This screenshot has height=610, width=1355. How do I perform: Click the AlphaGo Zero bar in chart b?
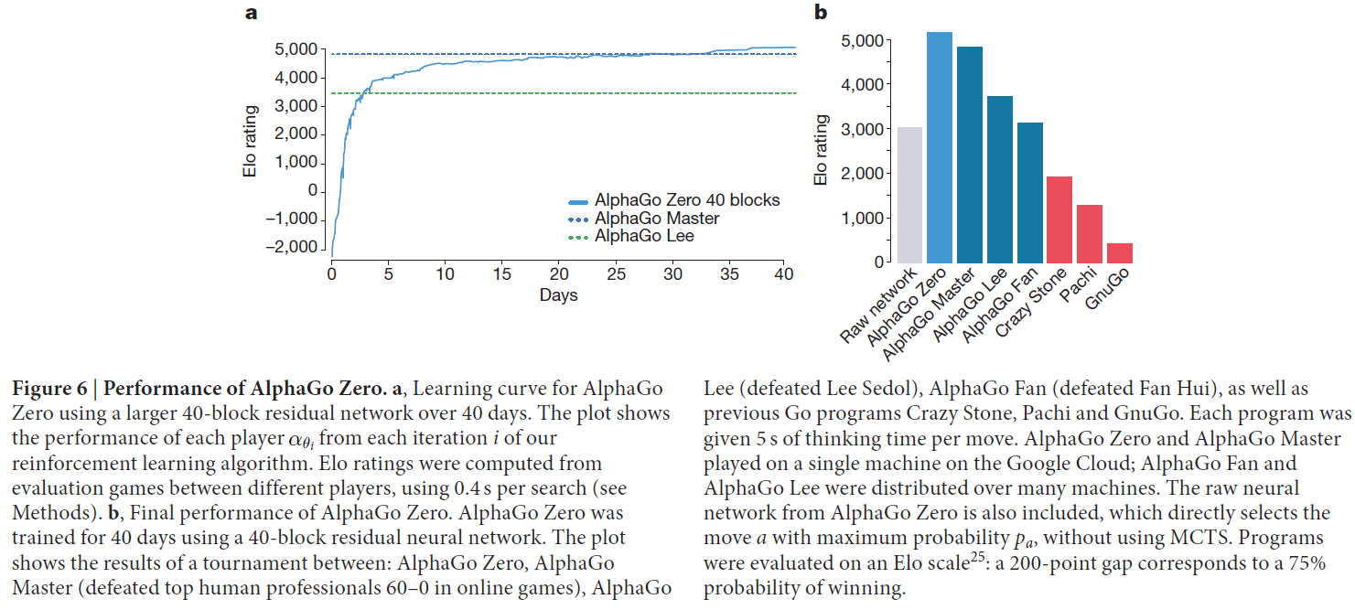coord(940,148)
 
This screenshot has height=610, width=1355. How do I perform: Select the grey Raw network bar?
coord(909,195)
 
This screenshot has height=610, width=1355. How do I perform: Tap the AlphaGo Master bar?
coord(970,155)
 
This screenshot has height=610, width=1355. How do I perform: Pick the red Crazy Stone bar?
coord(1059,219)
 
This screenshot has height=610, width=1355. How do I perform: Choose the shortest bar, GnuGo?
coord(1119,253)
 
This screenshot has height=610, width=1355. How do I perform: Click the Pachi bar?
coord(1090,234)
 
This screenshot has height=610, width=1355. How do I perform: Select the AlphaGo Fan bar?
coord(1029,193)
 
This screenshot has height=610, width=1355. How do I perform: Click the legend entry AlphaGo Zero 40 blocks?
coord(686,200)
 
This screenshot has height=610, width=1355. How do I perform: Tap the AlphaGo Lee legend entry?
coord(644,236)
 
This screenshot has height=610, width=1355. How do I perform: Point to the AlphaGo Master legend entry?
coord(656,219)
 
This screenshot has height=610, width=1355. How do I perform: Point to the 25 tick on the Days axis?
coord(616,273)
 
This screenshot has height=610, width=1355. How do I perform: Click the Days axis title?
coord(558,294)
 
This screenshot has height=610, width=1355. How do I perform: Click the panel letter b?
coord(821,13)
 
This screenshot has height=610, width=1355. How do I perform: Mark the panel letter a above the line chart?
coord(250,13)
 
